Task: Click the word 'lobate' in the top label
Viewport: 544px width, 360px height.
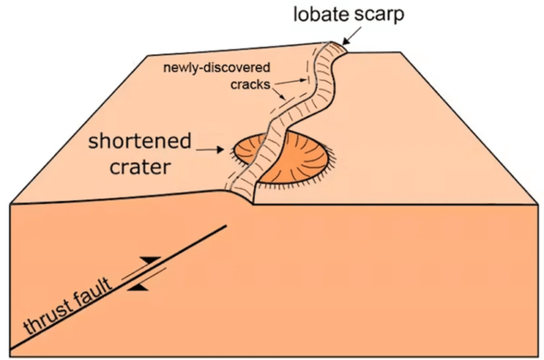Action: pos(319,15)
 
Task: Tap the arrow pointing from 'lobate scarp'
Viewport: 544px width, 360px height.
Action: pos(352,36)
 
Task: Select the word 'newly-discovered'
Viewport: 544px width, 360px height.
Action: pos(216,67)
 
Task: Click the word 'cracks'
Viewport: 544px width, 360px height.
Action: pos(250,84)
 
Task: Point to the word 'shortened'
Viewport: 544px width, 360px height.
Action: pos(140,141)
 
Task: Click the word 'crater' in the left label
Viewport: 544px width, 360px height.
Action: pos(140,168)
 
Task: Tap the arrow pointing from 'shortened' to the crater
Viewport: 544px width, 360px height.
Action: pos(210,150)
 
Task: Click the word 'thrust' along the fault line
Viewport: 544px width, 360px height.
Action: pos(46,316)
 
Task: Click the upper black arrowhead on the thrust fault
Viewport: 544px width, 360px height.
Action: pos(150,260)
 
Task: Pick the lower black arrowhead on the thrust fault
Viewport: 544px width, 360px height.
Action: pos(138,287)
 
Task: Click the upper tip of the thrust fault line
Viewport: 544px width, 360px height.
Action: pos(226,226)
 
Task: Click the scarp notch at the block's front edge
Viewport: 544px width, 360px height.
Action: pos(252,203)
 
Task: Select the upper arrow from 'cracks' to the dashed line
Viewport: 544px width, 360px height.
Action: pos(289,81)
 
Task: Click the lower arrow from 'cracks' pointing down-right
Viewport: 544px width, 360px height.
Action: pos(280,94)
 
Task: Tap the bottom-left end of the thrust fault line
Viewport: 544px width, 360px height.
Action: pos(11,348)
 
